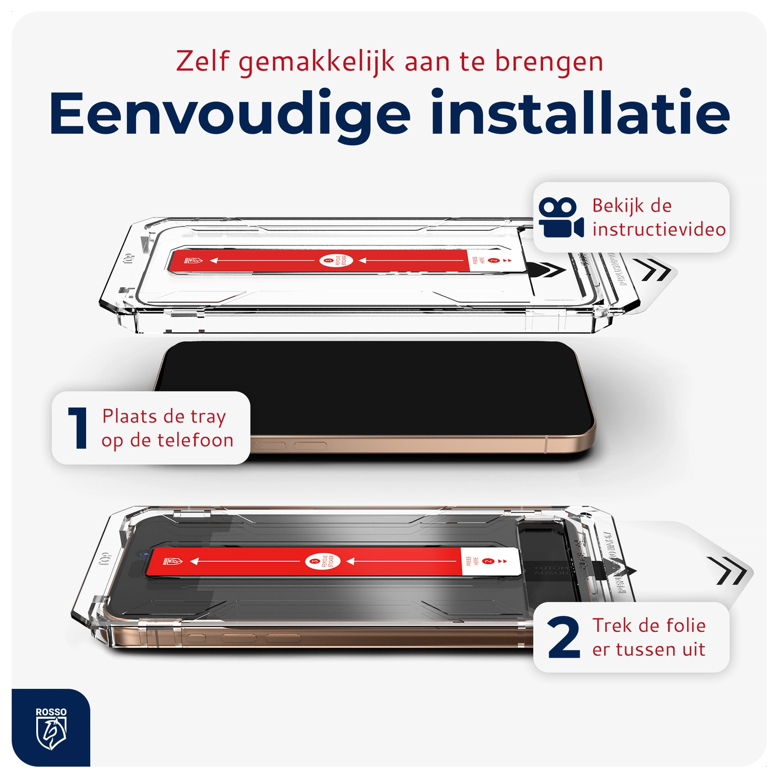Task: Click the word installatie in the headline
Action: coord(580,113)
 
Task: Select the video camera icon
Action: coord(561,218)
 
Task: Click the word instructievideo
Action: coord(659,229)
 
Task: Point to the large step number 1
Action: coord(78,428)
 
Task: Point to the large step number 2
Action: coord(563,637)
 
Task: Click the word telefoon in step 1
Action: coord(196,440)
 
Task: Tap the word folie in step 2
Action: coord(686,626)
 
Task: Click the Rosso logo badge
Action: coord(51,728)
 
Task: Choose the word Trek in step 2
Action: coord(612,626)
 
